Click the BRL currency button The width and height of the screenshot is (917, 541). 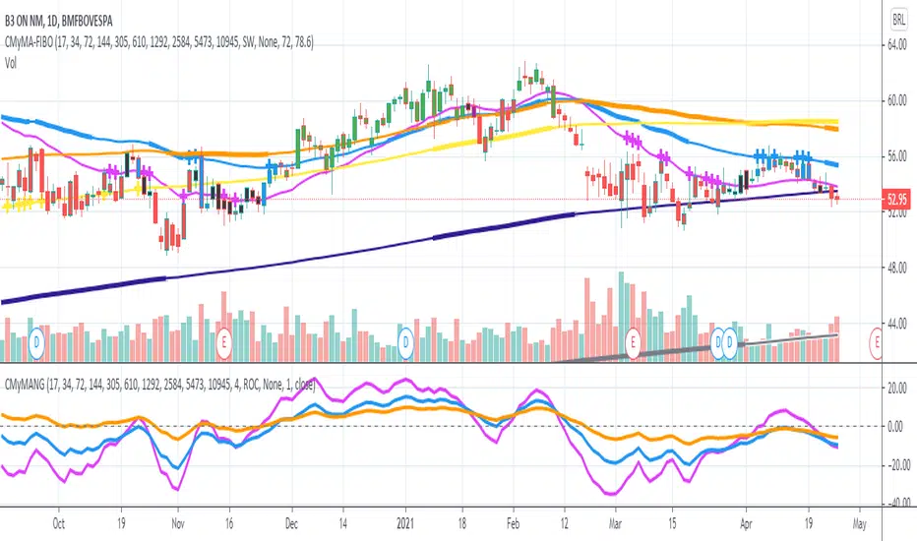[898, 19]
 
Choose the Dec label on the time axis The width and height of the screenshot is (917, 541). [292, 524]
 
